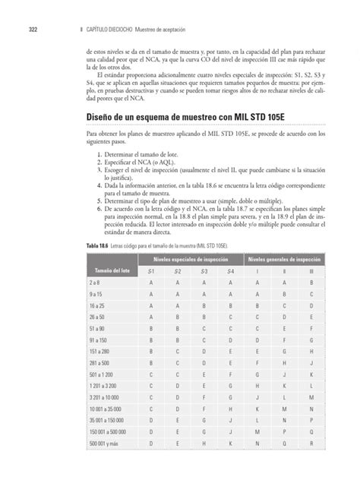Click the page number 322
point(33,30)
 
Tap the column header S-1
point(152,271)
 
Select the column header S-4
point(230,271)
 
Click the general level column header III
point(310,271)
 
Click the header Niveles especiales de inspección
point(191,260)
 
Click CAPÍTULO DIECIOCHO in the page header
point(110,30)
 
